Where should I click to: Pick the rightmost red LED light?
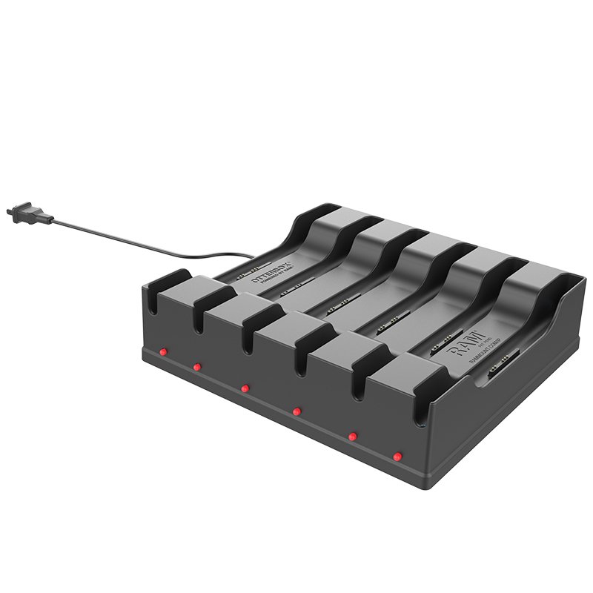(397, 456)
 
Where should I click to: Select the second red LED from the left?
(197, 367)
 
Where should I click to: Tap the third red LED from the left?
(245, 388)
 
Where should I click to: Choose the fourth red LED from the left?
(296, 410)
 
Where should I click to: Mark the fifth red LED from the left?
(352, 436)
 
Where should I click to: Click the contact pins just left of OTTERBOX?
(247, 271)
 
